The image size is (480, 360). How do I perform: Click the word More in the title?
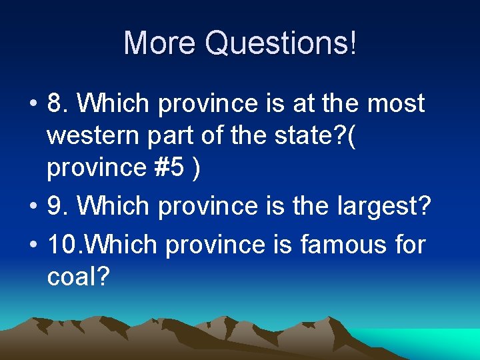pyautogui.click(x=160, y=43)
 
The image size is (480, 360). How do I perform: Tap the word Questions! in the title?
pyautogui.click(x=281, y=43)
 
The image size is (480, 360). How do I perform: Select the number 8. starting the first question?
pyautogui.click(x=59, y=103)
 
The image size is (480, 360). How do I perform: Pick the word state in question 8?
pyautogui.click(x=307, y=137)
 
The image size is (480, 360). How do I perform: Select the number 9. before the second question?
pyautogui.click(x=59, y=207)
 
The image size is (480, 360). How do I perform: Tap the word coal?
pyautogui.click(x=72, y=276)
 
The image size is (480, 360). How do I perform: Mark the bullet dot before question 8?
pyautogui.click(x=32, y=105)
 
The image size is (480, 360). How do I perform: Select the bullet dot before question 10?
pyautogui.click(x=32, y=245)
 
